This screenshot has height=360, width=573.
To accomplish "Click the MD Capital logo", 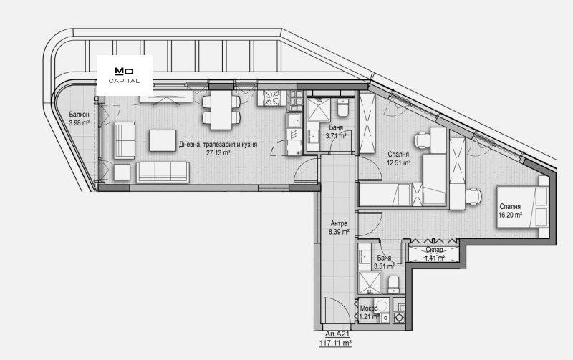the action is point(124,75).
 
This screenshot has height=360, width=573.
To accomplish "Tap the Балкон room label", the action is point(79,115).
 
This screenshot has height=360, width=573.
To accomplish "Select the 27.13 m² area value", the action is point(218,153).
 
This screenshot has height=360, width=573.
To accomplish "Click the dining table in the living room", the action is point(221,110).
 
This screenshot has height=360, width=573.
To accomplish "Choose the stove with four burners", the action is point(272,97).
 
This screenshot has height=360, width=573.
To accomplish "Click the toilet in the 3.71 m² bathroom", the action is point(343,107).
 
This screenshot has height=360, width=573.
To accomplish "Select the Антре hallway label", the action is point(339,223).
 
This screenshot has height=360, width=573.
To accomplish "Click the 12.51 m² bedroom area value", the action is point(399,163).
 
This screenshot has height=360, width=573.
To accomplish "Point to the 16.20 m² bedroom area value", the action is point(510,215).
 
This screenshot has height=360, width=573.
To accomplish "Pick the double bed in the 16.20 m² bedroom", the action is point(523,207).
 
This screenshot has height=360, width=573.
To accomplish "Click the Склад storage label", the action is point(435,250).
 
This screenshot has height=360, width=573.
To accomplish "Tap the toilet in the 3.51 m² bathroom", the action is point(393,283).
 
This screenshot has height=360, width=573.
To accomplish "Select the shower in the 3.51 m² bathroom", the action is point(370,283).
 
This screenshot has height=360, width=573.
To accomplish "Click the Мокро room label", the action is point(369,308).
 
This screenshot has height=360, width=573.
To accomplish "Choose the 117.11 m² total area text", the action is point(335,344).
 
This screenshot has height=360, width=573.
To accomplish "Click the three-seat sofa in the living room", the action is point(163,172).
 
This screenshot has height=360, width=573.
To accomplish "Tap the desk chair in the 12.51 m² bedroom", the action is point(421,140).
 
